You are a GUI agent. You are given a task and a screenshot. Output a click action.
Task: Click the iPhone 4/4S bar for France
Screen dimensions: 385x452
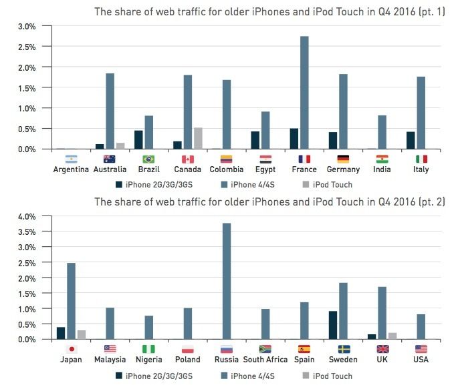[x=304, y=93]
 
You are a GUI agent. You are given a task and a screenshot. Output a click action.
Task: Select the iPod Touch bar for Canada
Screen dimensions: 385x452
[x=198, y=138]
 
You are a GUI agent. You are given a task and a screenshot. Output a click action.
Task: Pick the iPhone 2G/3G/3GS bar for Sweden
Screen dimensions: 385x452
[x=333, y=325]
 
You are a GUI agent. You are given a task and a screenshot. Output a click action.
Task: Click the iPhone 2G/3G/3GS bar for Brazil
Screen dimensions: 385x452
[x=138, y=139]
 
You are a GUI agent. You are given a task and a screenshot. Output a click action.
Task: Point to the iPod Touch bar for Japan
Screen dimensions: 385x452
[x=82, y=334]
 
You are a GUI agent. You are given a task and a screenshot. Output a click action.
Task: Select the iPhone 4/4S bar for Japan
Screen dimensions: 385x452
[x=71, y=301]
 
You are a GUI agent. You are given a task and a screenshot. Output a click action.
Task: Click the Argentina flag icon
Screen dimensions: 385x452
[x=71, y=159]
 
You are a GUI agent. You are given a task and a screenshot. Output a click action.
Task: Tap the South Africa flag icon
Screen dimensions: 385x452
[x=265, y=348]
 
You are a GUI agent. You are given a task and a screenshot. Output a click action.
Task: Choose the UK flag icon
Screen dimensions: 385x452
[x=382, y=348]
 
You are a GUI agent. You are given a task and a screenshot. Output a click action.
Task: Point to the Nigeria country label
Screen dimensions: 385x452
[x=149, y=360]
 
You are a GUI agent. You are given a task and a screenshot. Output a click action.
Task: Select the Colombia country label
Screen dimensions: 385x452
[x=227, y=169]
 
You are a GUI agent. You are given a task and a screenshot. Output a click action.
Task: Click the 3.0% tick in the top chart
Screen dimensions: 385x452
[x=25, y=27]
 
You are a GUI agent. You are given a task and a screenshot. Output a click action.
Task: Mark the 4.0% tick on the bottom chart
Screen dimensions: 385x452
[x=25, y=217]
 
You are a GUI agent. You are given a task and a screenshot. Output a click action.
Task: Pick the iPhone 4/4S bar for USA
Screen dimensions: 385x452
[x=421, y=326]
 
